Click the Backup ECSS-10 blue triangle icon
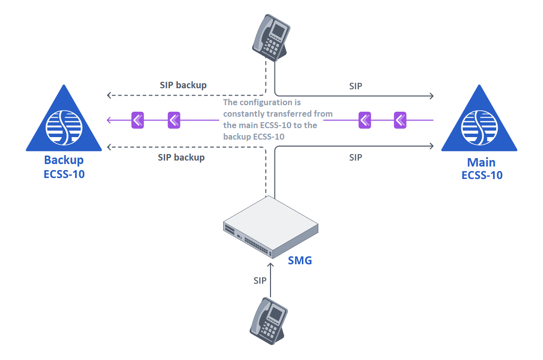[x=64, y=122]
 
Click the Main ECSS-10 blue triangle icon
[x=479, y=122]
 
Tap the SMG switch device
[x=270, y=227]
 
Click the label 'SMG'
[x=300, y=260]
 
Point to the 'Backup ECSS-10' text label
[x=64, y=168]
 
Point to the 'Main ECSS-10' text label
[x=482, y=169]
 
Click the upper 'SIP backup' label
[x=183, y=85]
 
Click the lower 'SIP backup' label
[x=181, y=158]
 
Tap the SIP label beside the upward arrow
[x=260, y=281]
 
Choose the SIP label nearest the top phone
[x=355, y=86]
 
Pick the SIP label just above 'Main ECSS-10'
[x=355, y=158]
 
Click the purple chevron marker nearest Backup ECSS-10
[x=137, y=120]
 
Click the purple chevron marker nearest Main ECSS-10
[x=401, y=120]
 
